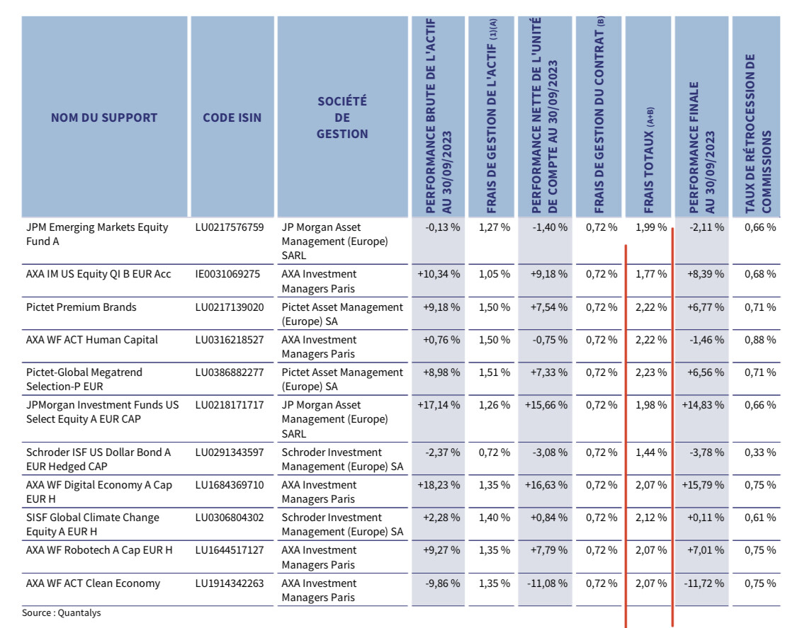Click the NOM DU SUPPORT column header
[x=104, y=118]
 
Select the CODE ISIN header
[x=232, y=118]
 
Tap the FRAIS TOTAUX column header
[x=648, y=160]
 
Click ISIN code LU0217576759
[x=230, y=227]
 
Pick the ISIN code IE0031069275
[x=227, y=274]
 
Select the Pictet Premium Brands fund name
[x=81, y=307]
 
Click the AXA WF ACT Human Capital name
[x=92, y=339]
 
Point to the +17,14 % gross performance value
[x=439, y=405]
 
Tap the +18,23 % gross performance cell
[x=439, y=485]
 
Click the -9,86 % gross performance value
[x=442, y=583]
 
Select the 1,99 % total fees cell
[x=651, y=227]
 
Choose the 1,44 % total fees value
[x=651, y=452]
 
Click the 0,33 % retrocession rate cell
[x=760, y=452]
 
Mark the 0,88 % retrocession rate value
[x=760, y=339]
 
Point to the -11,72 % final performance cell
[x=703, y=583]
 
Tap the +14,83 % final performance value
[x=703, y=405]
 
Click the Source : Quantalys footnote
[x=62, y=612]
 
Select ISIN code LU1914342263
[x=230, y=583]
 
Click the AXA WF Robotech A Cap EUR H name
[x=99, y=549]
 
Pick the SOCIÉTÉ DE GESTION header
[x=342, y=118]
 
